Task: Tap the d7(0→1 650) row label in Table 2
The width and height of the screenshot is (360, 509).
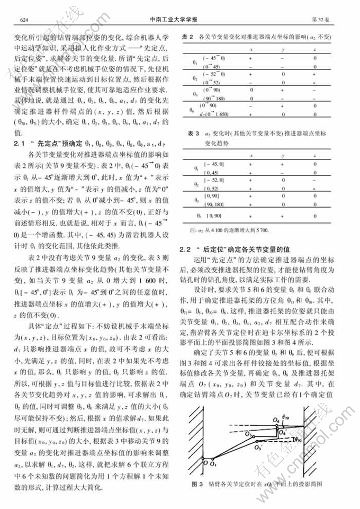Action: [213, 114]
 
